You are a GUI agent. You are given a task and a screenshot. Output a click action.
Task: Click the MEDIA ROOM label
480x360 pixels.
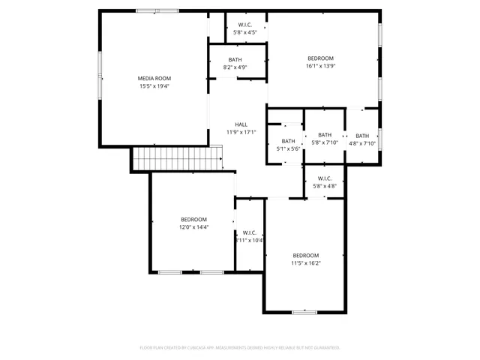click(x=154, y=78)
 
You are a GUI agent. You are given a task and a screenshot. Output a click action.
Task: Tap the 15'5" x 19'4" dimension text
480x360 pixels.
click(x=154, y=86)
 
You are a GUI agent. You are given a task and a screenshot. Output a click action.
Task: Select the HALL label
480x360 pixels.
click(x=241, y=124)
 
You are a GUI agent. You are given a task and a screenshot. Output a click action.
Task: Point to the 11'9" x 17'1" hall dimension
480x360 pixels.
click(x=241, y=133)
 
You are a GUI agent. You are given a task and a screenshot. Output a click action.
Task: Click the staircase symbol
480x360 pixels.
click(x=178, y=158)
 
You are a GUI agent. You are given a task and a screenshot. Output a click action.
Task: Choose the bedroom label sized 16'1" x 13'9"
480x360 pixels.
click(x=320, y=58)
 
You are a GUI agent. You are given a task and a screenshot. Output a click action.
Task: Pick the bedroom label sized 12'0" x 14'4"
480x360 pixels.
click(x=193, y=219)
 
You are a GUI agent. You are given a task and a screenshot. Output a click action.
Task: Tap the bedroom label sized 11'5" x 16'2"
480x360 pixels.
click(x=305, y=255)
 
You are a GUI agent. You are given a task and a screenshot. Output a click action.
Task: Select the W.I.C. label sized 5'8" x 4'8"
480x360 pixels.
click(x=324, y=178)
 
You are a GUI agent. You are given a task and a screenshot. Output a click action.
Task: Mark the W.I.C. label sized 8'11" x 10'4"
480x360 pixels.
click(x=249, y=232)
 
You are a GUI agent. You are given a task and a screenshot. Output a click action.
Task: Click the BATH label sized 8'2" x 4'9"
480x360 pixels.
click(x=235, y=60)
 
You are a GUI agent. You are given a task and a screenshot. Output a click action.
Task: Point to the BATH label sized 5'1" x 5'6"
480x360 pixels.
click(x=288, y=141)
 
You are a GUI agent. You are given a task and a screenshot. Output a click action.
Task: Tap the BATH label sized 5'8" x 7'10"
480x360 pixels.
click(x=325, y=135)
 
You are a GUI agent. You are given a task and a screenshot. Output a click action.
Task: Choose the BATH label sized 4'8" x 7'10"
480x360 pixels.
click(x=362, y=136)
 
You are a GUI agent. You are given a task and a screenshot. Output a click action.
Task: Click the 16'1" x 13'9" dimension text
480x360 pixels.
click(x=320, y=67)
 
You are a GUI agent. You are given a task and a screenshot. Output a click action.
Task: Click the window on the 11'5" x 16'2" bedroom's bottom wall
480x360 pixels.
click(x=304, y=311)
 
